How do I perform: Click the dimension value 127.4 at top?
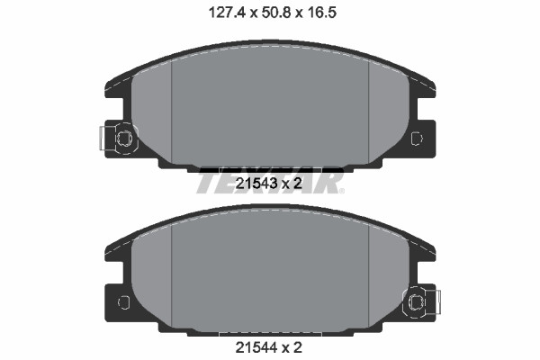coord(227,13)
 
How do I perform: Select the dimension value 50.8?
coord(276,13)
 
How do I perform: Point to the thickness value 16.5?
coord(321,13)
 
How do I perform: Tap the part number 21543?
coord(256,184)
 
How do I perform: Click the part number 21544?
coord(256,347)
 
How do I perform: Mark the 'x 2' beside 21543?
coord(292,184)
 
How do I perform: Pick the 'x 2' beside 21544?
coord(292,347)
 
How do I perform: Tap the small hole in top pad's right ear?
coord(417,138)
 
